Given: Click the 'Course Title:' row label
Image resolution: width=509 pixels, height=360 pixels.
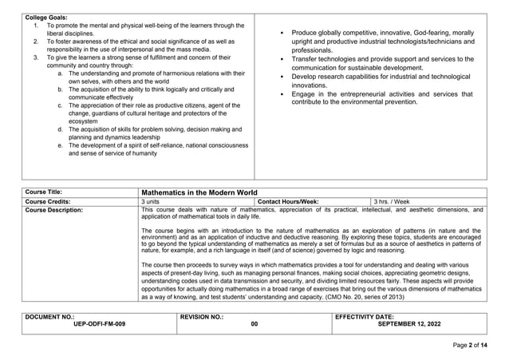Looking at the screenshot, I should click(x=44, y=192).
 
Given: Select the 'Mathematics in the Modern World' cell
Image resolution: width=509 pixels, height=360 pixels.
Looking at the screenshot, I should click(x=199, y=192).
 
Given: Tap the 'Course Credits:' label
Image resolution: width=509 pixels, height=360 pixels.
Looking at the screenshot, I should click(x=49, y=202).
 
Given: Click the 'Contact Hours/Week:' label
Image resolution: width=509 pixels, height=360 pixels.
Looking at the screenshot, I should click(x=289, y=202).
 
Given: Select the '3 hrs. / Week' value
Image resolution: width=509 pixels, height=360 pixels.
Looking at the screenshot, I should click(x=392, y=202).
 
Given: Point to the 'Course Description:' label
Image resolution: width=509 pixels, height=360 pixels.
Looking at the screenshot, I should click(x=53, y=211).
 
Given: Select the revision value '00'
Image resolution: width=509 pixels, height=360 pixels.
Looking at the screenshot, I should click(x=254, y=325).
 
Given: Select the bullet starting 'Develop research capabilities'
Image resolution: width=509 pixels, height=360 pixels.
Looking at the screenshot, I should click(x=381, y=80).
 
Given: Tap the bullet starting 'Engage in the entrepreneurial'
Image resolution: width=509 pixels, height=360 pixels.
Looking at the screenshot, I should click(x=381, y=98).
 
